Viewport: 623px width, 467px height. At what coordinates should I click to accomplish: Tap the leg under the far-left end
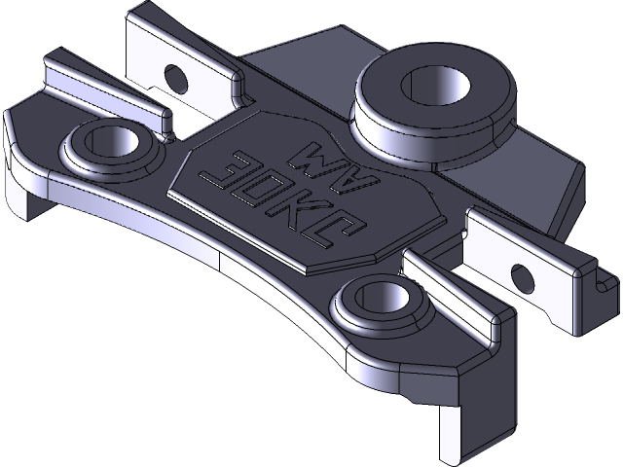[23, 199]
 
